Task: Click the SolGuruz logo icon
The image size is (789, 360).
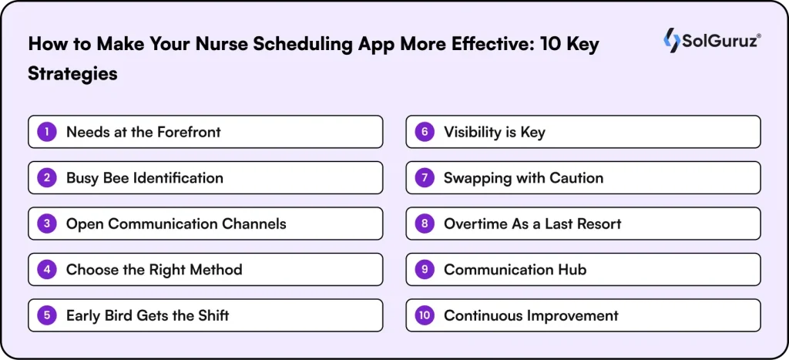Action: pos(671,41)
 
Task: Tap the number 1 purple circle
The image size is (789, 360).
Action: pos(47,132)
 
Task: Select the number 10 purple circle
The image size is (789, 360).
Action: pos(425,315)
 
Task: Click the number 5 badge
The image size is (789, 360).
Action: pos(47,315)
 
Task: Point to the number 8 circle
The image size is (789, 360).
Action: pos(425,224)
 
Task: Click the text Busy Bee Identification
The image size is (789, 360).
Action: pos(144,178)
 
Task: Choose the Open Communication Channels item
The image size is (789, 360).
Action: pos(176,224)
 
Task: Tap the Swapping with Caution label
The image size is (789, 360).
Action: pos(523,178)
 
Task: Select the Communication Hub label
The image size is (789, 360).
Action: pos(515,270)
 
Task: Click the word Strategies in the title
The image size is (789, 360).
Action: pos(73,73)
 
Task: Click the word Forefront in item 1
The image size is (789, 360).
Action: pos(189,132)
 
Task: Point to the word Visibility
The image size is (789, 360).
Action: pos(471,132)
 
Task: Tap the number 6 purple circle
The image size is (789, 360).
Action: pos(425,132)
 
